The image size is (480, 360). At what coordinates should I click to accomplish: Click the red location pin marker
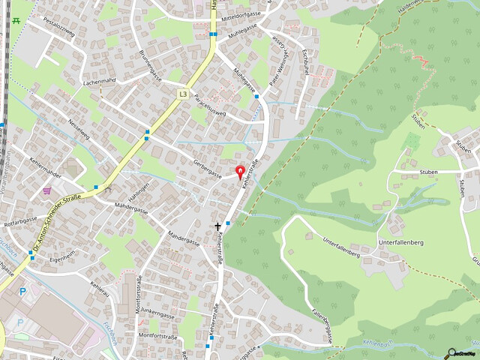[x=240, y=172]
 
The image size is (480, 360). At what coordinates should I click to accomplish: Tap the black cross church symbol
[x=219, y=225]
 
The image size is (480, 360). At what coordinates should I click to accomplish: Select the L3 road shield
[x=183, y=94]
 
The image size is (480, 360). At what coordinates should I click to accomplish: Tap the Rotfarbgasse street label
[x=20, y=222]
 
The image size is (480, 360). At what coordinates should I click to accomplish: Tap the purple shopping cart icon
[x=47, y=191]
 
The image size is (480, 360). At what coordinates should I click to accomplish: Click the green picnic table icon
[x=15, y=20]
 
